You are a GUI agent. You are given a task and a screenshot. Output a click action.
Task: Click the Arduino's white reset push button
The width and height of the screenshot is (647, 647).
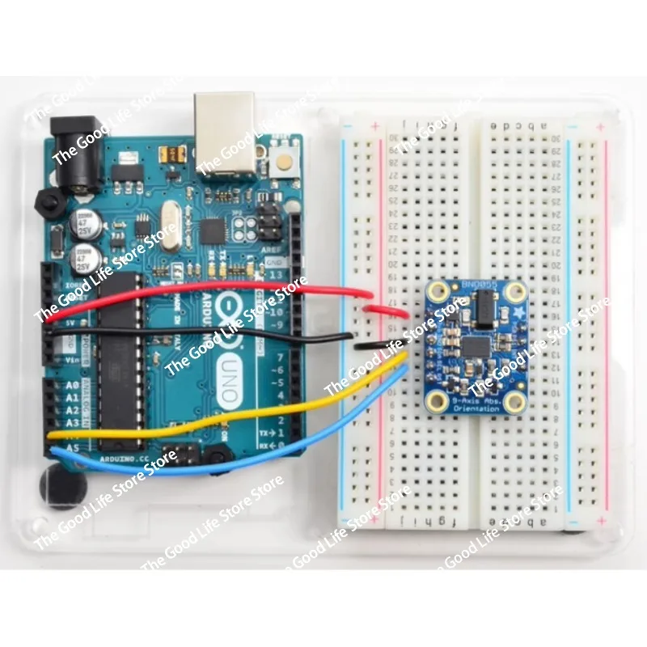tap(285, 160)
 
